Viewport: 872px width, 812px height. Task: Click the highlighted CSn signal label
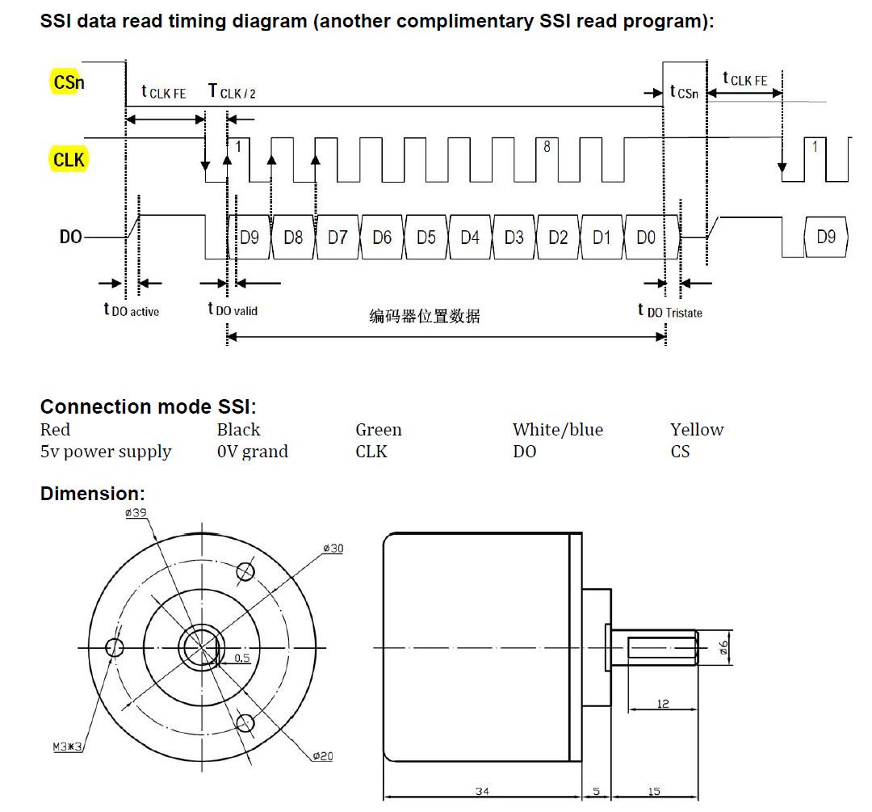[x=68, y=82]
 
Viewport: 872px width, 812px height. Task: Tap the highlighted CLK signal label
[x=69, y=160]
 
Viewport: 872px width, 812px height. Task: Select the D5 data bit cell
[x=426, y=238]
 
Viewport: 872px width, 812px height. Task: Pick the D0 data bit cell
[x=646, y=238]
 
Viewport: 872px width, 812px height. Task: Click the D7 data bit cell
[x=337, y=238]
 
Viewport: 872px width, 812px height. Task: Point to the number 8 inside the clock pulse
[x=547, y=146]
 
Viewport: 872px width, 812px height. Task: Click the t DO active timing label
[x=132, y=309]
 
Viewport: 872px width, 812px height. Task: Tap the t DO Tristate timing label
[x=670, y=310]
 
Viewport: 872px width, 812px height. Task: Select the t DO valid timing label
[x=233, y=309]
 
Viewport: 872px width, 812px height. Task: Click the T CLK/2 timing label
[x=232, y=91]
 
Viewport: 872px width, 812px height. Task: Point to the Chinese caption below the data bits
[x=425, y=316]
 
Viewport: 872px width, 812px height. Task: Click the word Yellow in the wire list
[x=697, y=430]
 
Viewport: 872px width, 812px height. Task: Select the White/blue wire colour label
[x=558, y=430]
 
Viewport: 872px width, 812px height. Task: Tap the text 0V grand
[x=253, y=452]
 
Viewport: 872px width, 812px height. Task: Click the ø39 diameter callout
[x=136, y=512]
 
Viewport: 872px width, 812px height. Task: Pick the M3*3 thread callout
[x=67, y=747]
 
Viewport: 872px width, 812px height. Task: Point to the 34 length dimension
[x=482, y=791]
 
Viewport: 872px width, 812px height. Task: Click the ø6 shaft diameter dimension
[x=723, y=647]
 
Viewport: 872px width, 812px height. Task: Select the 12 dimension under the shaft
[x=662, y=704]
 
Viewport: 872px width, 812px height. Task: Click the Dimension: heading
[x=92, y=494]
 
